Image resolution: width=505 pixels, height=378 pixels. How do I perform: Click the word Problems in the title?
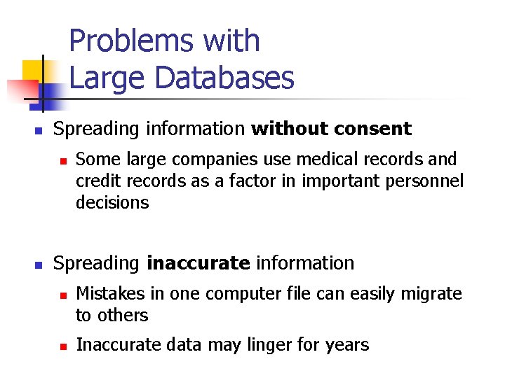point(130,41)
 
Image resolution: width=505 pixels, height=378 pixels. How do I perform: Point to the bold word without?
point(288,129)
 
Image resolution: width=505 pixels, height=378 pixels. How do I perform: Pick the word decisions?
point(112,202)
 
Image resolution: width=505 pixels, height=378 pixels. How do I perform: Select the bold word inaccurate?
point(198,263)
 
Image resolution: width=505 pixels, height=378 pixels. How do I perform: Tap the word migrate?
point(431,294)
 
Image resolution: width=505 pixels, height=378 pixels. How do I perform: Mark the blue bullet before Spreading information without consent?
point(39,131)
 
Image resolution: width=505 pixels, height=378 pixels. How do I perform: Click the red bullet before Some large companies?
point(62,161)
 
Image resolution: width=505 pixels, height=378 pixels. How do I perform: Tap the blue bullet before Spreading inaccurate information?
point(39,265)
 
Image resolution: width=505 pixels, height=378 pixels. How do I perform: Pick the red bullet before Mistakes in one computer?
point(62,295)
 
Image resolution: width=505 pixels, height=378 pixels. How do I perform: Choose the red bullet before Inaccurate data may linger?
point(62,346)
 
